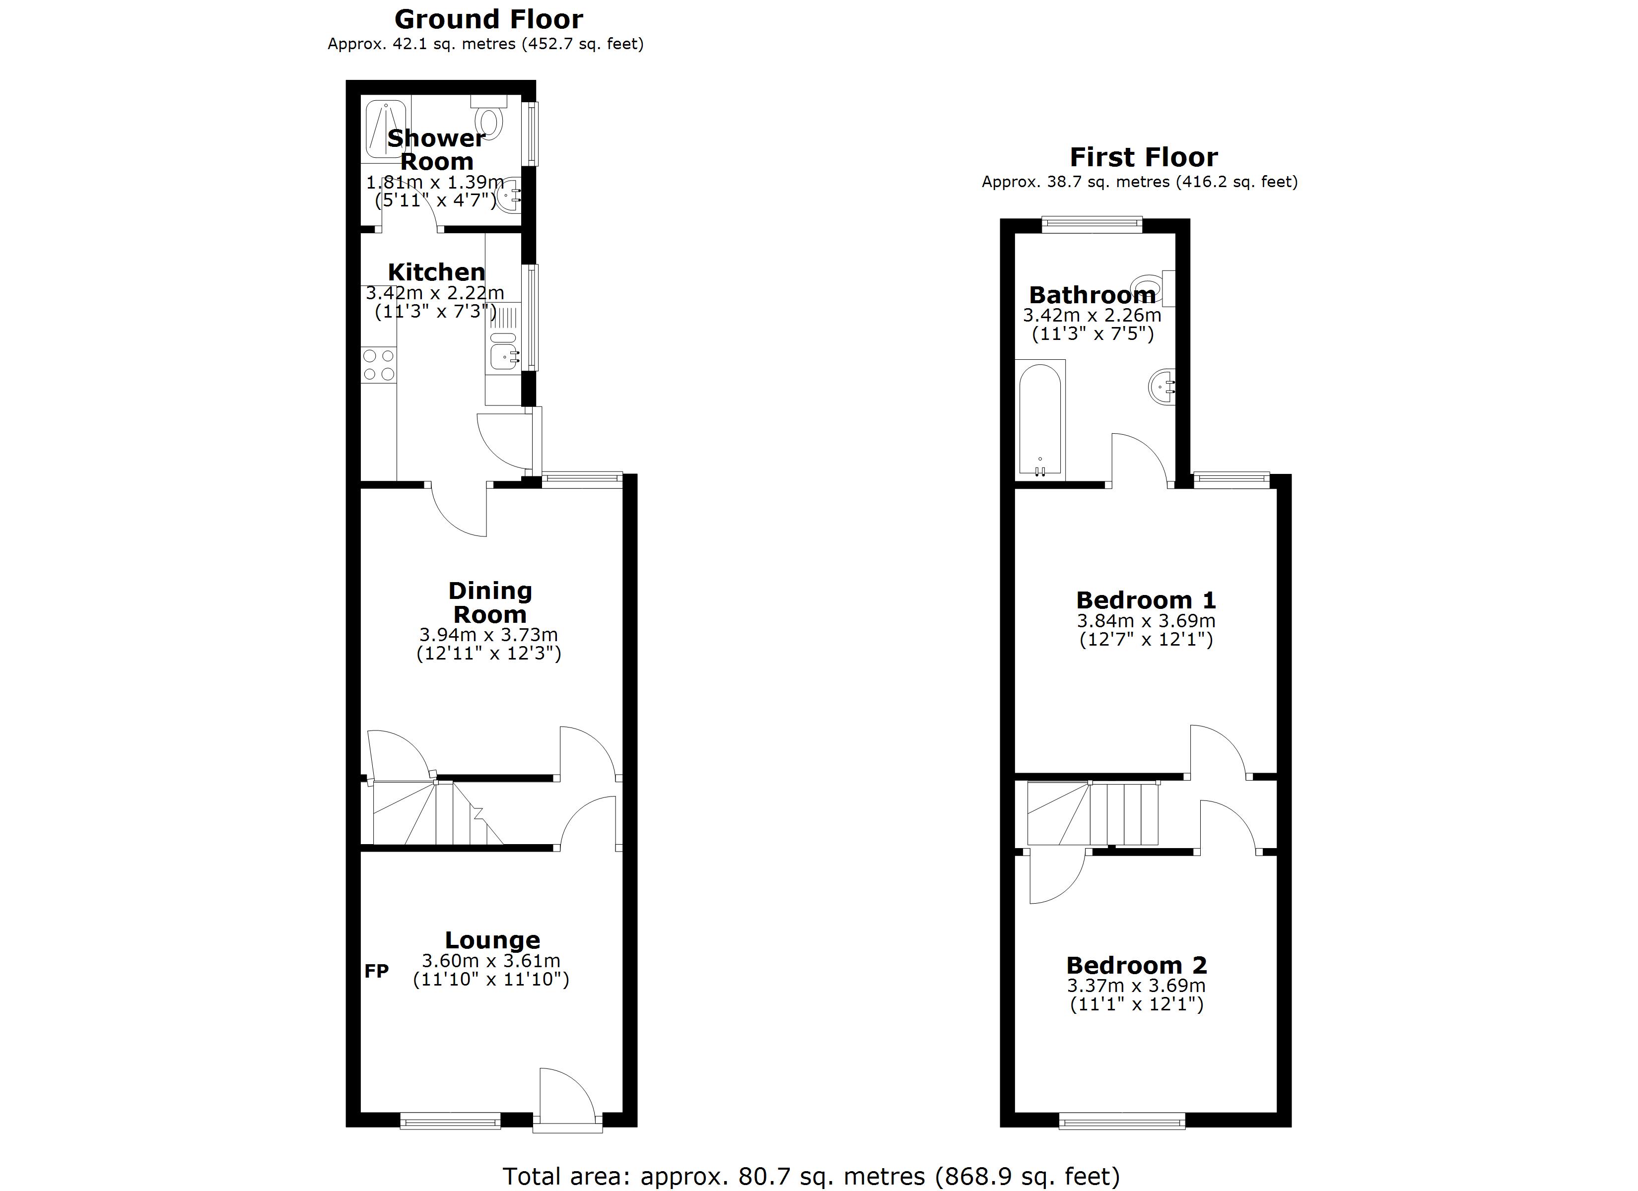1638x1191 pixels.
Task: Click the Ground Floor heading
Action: pos(488,19)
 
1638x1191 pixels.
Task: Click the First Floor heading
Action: pos(1143,157)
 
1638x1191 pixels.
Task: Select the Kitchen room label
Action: pos(436,272)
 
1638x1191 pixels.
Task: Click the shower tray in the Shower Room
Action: pos(386,130)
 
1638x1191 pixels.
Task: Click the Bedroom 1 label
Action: pos(1146,600)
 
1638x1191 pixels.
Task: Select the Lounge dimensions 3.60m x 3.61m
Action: pos(491,961)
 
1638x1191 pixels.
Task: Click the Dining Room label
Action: pos(490,602)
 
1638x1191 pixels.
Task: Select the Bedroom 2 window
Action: pos(1122,1122)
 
